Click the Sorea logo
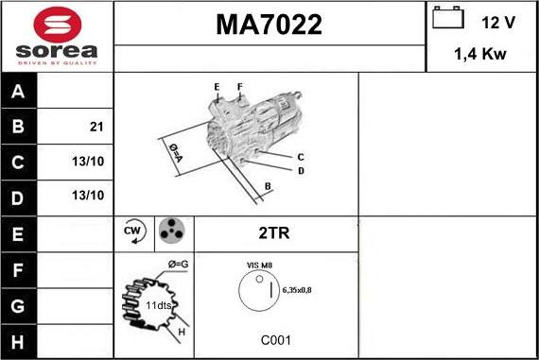57,36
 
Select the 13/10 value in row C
87,162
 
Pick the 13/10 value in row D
87,196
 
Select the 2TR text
275,231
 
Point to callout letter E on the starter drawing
217,88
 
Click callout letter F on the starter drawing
239,88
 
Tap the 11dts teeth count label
158,306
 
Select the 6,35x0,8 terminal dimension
297,290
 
